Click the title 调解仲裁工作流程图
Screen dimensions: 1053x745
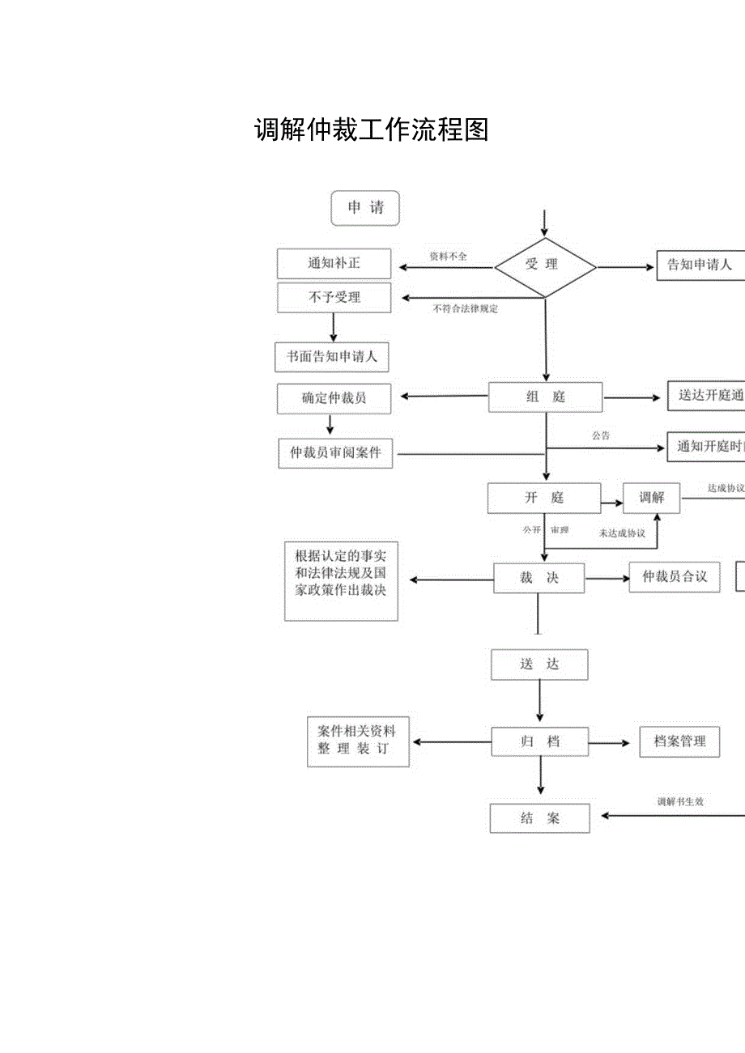(372, 130)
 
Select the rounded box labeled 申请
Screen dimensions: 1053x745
(366, 208)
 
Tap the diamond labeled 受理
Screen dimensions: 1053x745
(544, 265)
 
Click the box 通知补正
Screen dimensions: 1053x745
(334, 264)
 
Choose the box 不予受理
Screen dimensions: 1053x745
(334, 297)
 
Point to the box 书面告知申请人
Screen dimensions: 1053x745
(332, 356)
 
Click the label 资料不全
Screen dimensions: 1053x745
(448, 256)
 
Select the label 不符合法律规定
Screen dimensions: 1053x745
(466, 308)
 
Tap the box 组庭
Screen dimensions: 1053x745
(545, 397)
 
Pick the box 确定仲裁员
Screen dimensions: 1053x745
(334, 397)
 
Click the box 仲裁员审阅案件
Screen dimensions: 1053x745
(335, 452)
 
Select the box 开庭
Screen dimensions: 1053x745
(543, 498)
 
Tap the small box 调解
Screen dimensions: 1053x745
(651, 498)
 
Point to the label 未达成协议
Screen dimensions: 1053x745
(621, 533)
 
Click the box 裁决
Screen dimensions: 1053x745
(539, 578)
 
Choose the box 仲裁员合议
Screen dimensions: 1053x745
(674, 576)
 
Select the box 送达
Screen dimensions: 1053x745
(539, 664)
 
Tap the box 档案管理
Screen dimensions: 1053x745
(679, 741)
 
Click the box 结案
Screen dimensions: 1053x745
(539, 817)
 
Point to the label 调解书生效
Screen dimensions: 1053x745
(679, 802)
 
